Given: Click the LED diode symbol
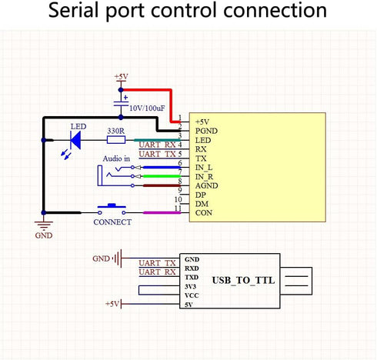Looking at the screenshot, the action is pyautogui.click(x=76, y=140).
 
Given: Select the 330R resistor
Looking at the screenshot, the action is pyautogui.click(x=116, y=140).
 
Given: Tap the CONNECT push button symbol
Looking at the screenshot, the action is pyautogui.click(x=112, y=209).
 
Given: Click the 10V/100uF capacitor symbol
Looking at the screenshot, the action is pyautogui.click(x=121, y=104).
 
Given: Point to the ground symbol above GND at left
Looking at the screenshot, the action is pyautogui.click(x=44, y=225).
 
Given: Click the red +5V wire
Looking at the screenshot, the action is pyautogui.click(x=171, y=90).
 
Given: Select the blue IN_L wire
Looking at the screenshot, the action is pyautogui.click(x=162, y=168).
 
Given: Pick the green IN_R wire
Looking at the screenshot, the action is pyautogui.click(x=162, y=176).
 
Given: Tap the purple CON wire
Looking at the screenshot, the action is pyautogui.click(x=162, y=212).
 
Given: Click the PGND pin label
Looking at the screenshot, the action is pyautogui.click(x=206, y=131).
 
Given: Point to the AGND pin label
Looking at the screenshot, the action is pyautogui.click(x=207, y=185).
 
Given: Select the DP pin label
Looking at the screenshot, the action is pyautogui.click(x=201, y=195).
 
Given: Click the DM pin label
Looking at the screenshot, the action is pyautogui.click(x=202, y=204).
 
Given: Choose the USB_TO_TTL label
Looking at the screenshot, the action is pyautogui.click(x=243, y=280).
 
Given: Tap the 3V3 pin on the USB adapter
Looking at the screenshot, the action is pyautogui.click(x=190, y=286).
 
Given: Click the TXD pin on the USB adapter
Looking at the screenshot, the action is pyautogui.click(x=192, y=278).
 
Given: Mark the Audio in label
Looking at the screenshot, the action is pyautogui.click(x=116, y=158).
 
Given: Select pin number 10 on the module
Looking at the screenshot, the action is pyautogui.click(x=178, y=199).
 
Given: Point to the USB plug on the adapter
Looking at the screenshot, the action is pyautogui.click(x=296, y=281).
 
